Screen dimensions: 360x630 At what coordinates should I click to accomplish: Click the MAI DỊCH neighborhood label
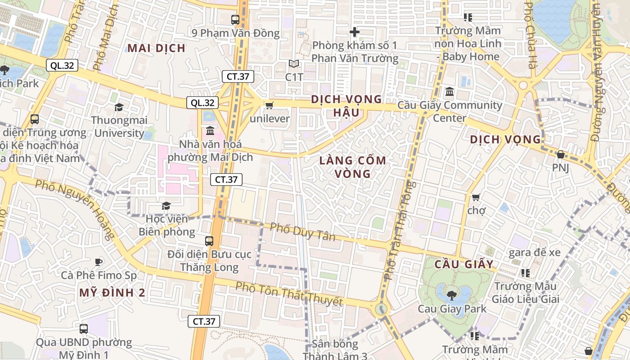coord(156,48)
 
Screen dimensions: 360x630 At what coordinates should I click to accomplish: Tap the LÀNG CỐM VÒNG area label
coord(352,167)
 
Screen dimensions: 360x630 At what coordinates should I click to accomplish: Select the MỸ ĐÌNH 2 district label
coord(112,293)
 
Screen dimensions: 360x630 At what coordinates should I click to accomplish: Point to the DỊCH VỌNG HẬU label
coord(346,106)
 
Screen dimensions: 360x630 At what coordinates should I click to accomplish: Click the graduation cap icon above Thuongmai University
coord(119,107)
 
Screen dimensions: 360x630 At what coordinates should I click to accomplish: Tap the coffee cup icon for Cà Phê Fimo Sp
coord(99,261)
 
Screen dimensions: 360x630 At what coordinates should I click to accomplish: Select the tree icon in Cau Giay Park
coord(451,296)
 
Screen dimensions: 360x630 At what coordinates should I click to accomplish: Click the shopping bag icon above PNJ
coord(560,154)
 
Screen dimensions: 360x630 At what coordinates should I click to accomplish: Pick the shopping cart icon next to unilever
coord(269,105)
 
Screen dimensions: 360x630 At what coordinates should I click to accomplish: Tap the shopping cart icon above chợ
coord(476,197)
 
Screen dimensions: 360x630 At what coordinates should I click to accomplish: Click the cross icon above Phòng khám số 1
coord(355,32)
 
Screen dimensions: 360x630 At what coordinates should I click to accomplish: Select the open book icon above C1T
coord(294,64)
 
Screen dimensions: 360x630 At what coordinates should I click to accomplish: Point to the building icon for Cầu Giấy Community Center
coord(449,92)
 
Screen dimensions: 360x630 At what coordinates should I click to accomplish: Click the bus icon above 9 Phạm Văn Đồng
coord(235,19)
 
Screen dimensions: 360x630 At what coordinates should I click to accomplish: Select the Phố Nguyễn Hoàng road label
coord(75,209)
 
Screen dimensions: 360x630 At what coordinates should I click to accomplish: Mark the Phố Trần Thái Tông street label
coord(398,229)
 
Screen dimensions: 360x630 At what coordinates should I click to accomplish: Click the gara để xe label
coord(535,252)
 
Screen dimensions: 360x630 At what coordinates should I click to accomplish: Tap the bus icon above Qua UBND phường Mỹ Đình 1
coord(84,328)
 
